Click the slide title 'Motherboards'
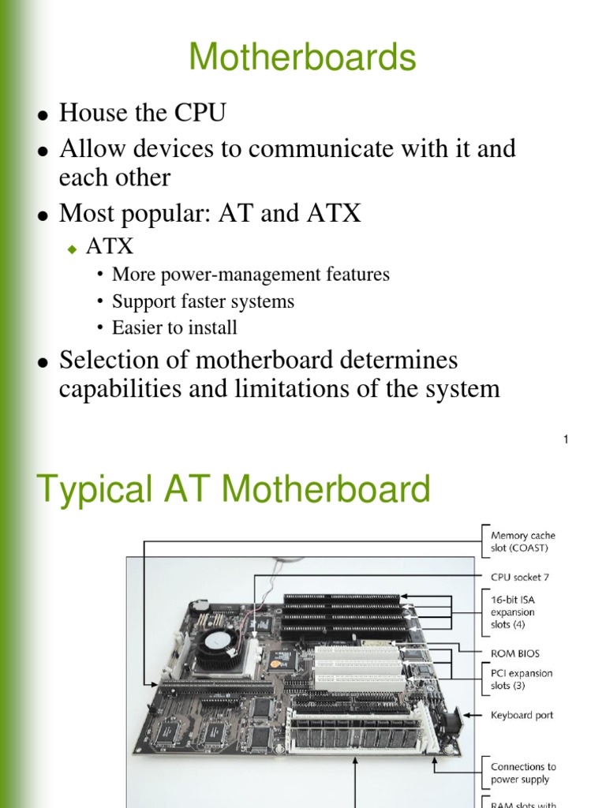point(302,58)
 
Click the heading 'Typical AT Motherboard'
point(234,489)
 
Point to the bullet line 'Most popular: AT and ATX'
point(210,213)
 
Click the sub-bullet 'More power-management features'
point(251,275)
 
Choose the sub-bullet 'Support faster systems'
point(203,301)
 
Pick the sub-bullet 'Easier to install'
point(174,327)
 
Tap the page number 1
point(566,440)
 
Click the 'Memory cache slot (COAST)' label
point(522,542)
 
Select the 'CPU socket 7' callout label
point(519,577)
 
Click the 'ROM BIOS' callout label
point(515,653)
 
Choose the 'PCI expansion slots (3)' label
point(522,679)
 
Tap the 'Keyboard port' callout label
point(522,716)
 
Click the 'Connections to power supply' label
point(523,772)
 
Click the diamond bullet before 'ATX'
point(71,249)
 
